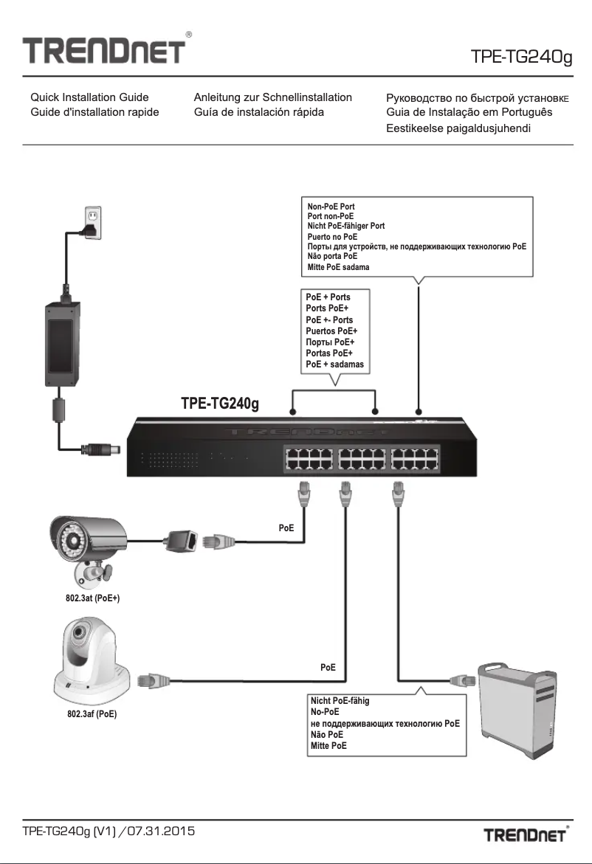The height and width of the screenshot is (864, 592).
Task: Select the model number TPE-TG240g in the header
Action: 521,57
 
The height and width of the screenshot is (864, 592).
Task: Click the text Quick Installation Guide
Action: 89,97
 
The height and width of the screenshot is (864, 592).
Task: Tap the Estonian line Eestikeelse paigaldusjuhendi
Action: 459,128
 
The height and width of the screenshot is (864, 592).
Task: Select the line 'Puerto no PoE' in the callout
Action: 332,236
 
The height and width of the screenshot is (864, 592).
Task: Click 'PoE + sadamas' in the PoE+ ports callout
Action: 334,364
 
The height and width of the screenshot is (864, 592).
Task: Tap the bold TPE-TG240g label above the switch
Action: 219,404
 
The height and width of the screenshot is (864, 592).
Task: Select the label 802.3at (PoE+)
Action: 92,598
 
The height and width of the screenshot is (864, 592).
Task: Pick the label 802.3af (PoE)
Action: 92,713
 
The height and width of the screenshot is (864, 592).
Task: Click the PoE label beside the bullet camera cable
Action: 286,528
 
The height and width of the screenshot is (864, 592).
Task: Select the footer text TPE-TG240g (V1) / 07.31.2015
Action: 108,832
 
